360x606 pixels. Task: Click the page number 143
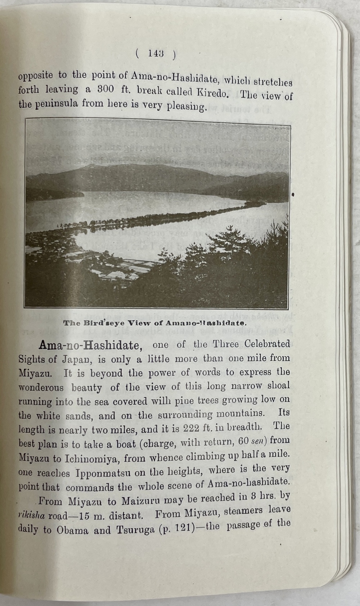(x=156, y=54)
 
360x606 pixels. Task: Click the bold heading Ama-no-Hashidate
(x=89, y=346)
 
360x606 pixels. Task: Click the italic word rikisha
(x=32, y=516)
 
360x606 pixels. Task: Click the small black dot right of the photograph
(x=293, y=195)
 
